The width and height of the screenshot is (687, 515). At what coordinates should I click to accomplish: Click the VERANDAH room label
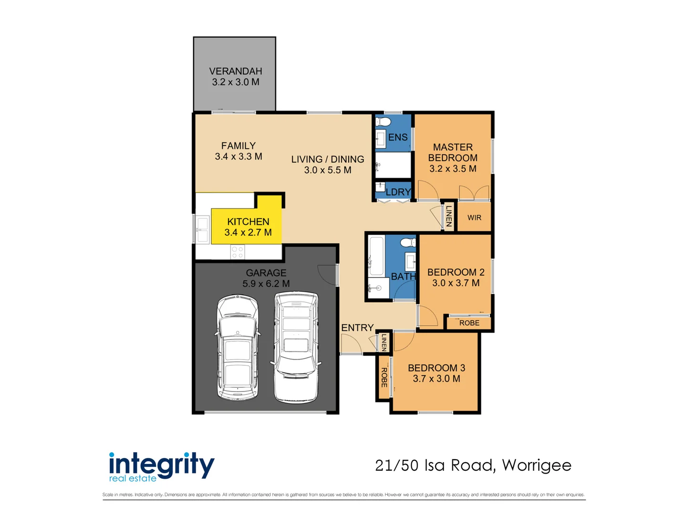click(235, 71)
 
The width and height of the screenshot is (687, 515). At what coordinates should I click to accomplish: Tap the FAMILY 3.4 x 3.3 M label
click(238, 151)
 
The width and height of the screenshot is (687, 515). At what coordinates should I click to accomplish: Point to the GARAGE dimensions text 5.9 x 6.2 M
click(266, 284)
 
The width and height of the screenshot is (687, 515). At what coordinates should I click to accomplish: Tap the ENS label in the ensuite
click(397, 137)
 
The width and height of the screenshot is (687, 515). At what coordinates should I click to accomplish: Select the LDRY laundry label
click(398, 192)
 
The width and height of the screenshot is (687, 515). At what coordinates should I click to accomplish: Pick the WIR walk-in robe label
click(474, 218)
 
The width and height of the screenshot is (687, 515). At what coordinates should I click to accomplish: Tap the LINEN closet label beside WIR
click(449, 216)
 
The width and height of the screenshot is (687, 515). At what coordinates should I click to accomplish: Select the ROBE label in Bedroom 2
click(469, 323)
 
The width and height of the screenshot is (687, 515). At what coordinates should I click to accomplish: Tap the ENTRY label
click(357, 328)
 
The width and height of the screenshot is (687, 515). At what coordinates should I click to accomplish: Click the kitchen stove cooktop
click(237, 252)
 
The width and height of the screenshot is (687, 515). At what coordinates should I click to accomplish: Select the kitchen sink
click(202, 229)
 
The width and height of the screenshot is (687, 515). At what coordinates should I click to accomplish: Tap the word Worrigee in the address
click(537, 465)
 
